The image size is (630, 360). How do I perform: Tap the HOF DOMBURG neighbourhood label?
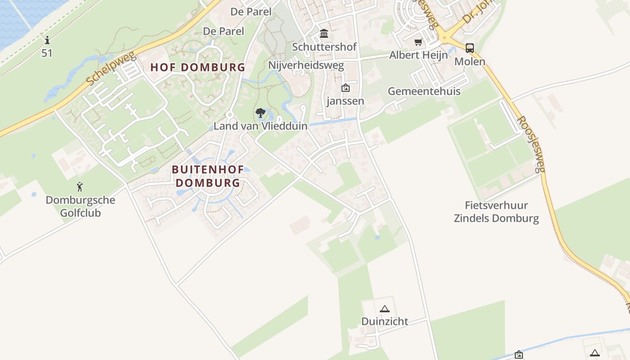tap(198, 67)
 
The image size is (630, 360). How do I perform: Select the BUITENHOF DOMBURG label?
tap(208, 176)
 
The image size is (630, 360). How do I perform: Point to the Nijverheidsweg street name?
tap(306, 65)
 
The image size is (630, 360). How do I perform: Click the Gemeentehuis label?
tap(424, 91)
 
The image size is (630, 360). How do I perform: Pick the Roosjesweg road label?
tap(531, 144)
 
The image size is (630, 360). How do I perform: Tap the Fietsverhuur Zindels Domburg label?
tap(496, 212)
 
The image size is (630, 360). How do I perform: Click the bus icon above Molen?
tap(470, 48)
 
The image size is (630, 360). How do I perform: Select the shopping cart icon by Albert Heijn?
tap(418, 42)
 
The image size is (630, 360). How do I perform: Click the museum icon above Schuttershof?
tap(324, 34)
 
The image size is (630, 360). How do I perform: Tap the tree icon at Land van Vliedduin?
tap(260, 112)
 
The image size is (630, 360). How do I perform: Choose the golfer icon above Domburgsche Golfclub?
tap(80, 186)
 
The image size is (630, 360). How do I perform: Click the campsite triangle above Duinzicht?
tap(384, 309)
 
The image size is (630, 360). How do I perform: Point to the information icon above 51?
tap(47, 40)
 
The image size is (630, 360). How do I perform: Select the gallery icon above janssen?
tap(345, 88)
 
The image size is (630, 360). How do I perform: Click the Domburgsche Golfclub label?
tap(81, 206)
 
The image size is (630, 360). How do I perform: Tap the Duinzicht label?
tap(385, 321)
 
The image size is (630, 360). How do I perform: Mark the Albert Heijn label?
tap(418, 55)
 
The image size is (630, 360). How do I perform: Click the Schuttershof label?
tap(324, 47)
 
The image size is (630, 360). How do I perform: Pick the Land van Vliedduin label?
tap(261, 126)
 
